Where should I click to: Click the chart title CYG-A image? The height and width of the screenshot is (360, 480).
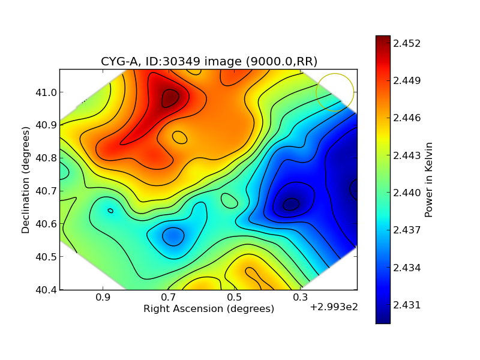click(209, 61)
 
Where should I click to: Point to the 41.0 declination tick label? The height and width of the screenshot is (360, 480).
click(45, 92)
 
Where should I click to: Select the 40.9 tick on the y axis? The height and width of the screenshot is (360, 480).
click(45, 125)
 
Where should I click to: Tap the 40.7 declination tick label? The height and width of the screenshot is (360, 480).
click(45, 191)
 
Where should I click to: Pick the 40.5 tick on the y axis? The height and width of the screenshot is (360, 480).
click(45, 257)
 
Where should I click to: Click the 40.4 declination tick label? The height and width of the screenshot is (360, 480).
click(45, 289)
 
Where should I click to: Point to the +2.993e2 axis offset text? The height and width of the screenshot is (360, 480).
click(334, 308)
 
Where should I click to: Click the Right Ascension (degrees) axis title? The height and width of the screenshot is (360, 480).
click(209, 308)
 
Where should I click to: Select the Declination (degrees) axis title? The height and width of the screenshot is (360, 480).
click(26, 179)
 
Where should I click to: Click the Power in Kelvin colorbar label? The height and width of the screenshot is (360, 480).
click(428, 179)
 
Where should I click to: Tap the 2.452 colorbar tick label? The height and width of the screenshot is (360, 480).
click(407, 43)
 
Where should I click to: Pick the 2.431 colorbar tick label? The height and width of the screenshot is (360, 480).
click(407, 305)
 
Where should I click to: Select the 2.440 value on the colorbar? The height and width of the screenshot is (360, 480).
click(407, 193)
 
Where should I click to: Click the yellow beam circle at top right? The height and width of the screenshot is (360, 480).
click(335, 92)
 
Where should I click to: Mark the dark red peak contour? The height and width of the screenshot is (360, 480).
click(170, 98)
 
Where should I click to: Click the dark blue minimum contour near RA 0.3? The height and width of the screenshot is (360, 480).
click(291, 204)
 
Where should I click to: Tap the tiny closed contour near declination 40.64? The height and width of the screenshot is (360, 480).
click(110, 211)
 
